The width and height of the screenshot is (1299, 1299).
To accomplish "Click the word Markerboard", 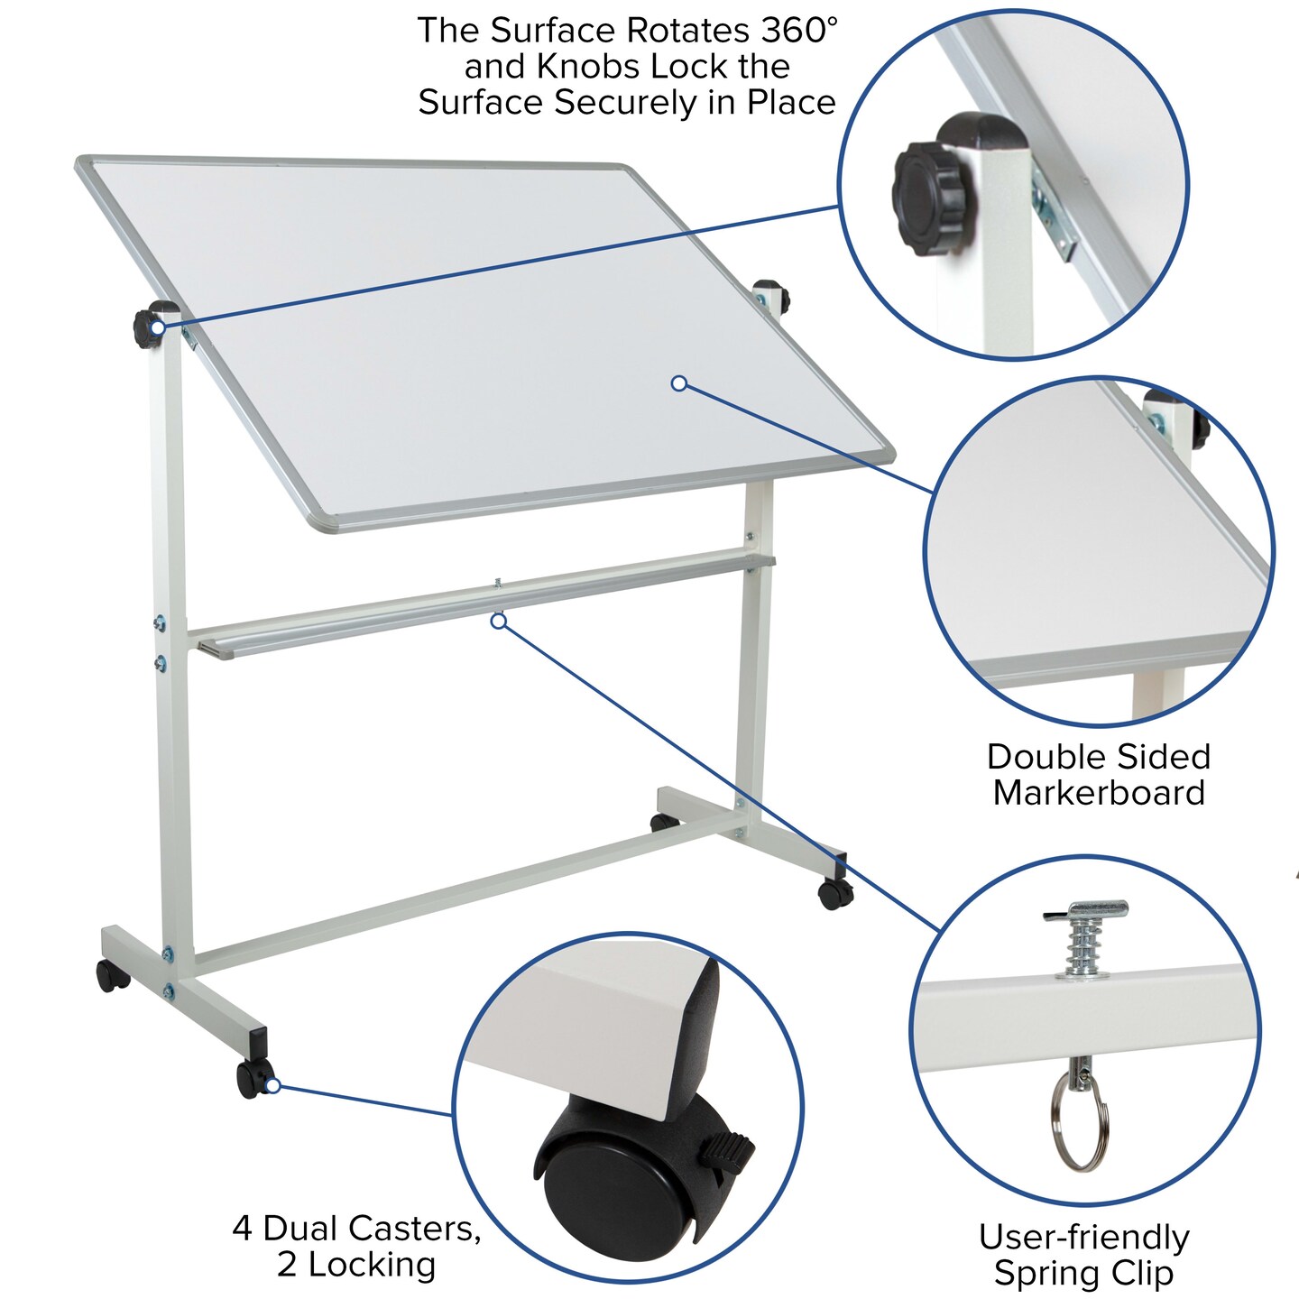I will point(1099,793).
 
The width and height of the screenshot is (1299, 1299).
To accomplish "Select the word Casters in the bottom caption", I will point(414,1228).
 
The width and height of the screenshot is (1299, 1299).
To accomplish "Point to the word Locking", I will point(373,1265).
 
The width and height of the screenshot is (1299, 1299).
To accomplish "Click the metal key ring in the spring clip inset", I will point(1079,1126).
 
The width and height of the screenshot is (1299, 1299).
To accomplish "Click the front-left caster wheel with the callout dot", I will point(253,1079).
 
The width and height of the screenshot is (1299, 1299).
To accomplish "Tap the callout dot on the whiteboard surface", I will point(679,383).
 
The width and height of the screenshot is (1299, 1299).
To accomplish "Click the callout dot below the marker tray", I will point(498,621).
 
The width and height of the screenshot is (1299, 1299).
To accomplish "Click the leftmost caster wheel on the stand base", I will point(112,975).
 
